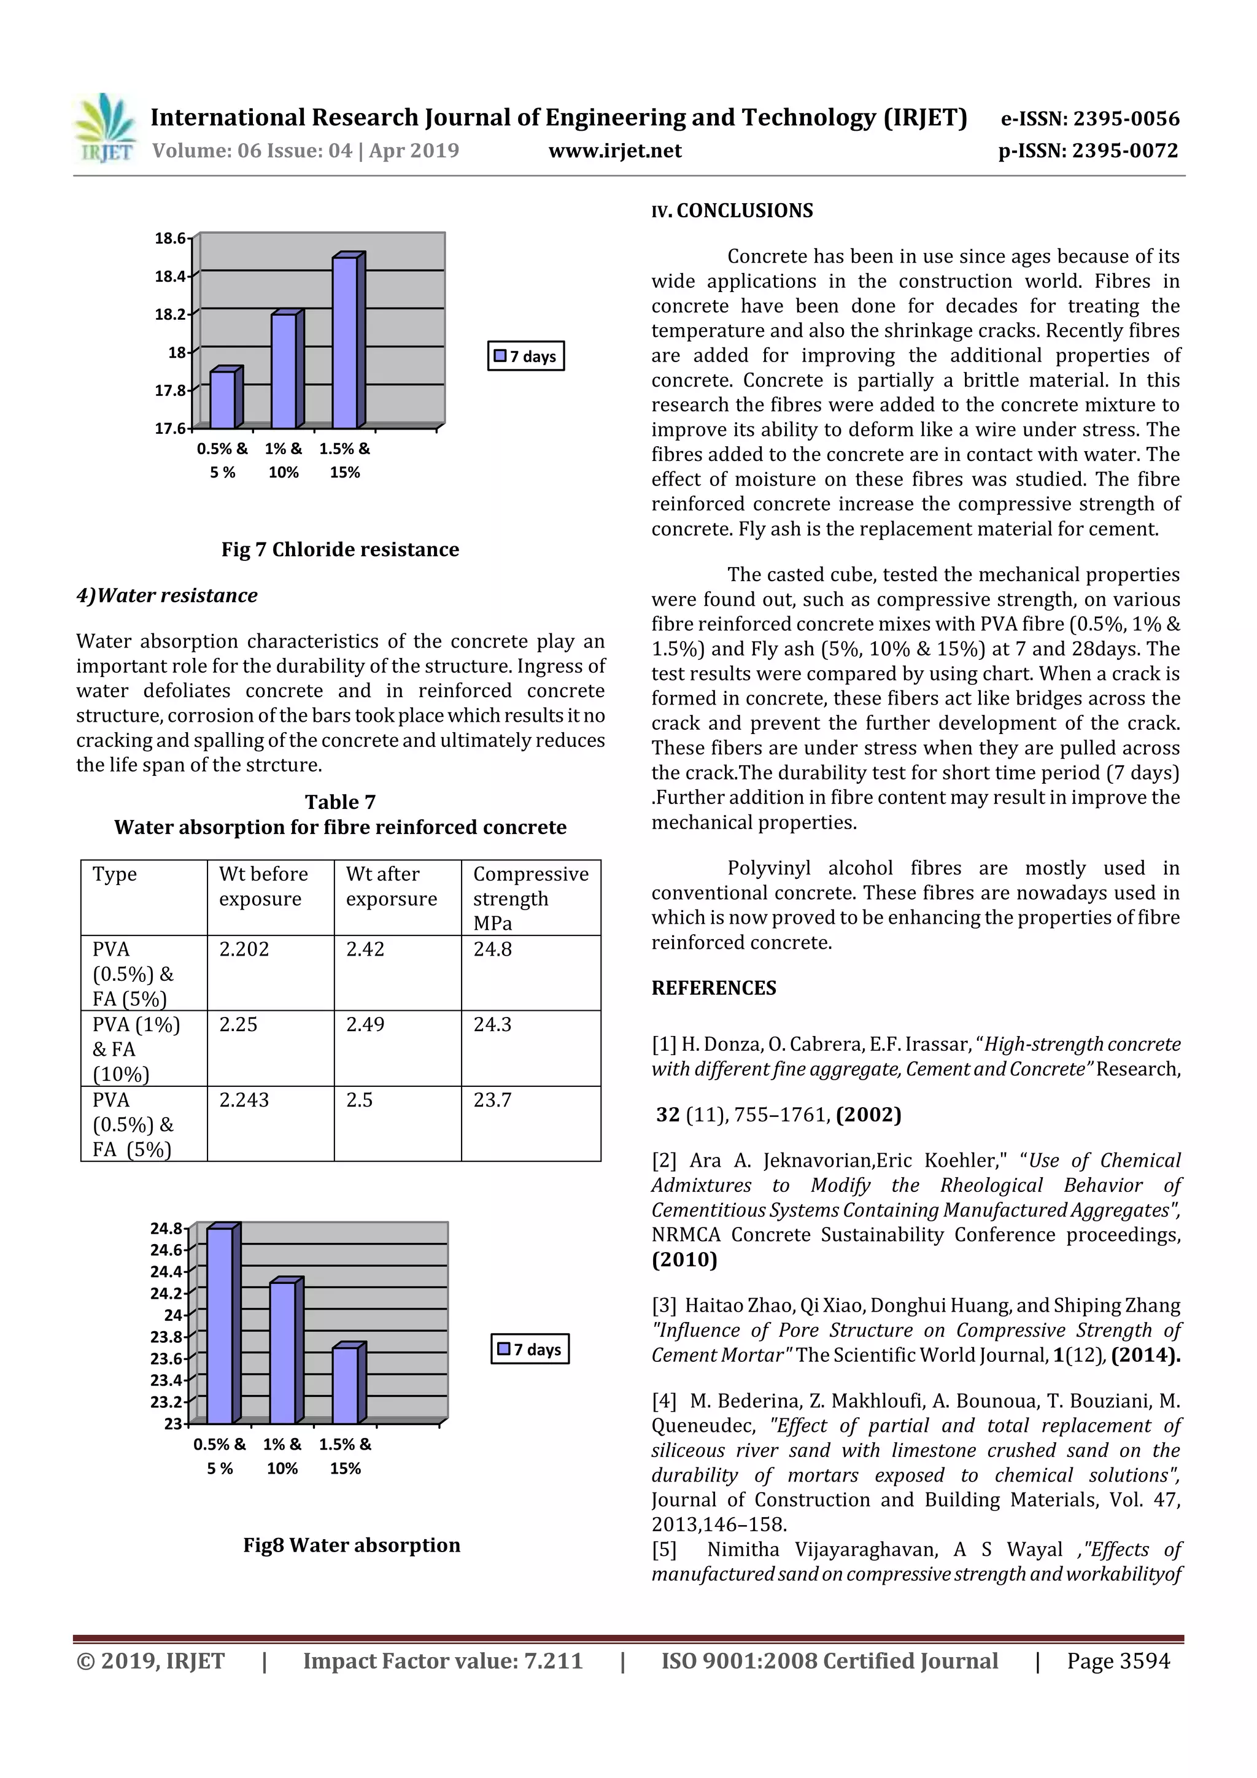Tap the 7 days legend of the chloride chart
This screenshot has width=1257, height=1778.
click(x=526, y=356)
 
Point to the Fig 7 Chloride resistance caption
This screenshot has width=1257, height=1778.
click(x=340, y=550)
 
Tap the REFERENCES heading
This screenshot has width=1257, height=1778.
click(x=713, y=988)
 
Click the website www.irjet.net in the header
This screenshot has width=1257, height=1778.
click(x=615, y=151)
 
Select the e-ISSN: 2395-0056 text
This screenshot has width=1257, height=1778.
click(x=1089, y=118)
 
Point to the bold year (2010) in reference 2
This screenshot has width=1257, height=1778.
click(x=684, y=1260)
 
